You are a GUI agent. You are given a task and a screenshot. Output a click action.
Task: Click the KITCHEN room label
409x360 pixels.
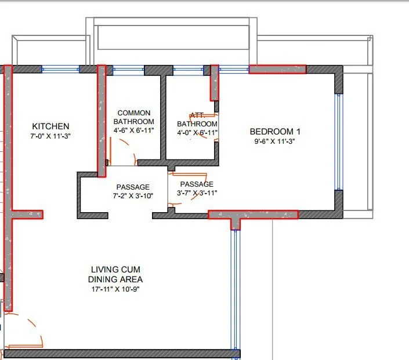(50, 126)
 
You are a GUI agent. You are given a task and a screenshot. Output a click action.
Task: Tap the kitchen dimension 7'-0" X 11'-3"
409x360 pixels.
(50, 136)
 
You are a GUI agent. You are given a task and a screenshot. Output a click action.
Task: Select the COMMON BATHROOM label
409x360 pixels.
(133, 117)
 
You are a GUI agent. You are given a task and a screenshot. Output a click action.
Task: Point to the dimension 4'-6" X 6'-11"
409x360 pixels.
(133, 131)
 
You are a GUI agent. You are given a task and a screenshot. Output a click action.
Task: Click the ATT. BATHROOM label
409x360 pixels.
(197, 120)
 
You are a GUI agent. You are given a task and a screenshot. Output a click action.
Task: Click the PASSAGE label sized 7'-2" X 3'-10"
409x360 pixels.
(133, 187)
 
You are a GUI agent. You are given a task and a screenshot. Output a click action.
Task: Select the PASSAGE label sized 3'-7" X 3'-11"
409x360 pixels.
(197, 184)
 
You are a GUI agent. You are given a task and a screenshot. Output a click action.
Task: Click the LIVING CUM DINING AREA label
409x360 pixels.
(115, 274)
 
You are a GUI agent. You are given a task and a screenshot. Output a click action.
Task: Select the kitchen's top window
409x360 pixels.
(61, 69)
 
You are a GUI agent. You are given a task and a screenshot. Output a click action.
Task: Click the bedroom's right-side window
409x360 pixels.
(338, 141)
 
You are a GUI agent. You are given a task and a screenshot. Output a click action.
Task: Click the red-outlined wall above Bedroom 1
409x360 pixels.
(277, 69)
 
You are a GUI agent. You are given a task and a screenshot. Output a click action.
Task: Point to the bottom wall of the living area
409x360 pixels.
(122, 353)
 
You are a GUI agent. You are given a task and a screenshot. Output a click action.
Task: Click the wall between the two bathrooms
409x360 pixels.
(164, 116)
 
